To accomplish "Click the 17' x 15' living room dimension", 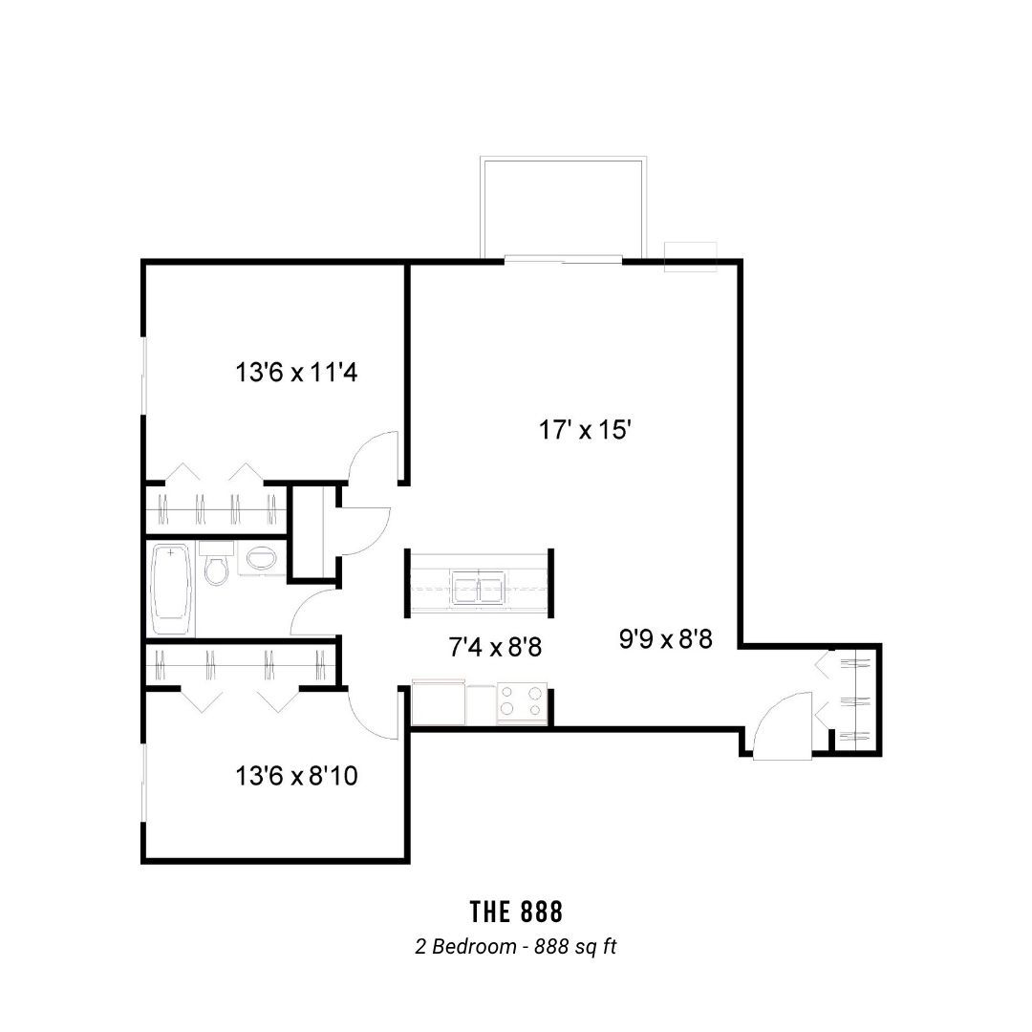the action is [x=585, y=430].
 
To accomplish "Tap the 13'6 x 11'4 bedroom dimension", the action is [x=296, y=373].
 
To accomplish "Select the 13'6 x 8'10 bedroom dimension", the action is [x=296, y=776].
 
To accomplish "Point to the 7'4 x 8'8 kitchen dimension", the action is [x=495, y=648].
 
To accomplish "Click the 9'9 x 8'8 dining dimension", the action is [x=665, y=639].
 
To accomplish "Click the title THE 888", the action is [x=517, y=913].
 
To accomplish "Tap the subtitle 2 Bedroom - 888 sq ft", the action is [x=516, y=946].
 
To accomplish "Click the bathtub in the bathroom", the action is [x=172, y=589].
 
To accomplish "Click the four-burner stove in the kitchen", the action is [x=522, y=701].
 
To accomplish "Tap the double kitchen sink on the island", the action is [x=479, y=587].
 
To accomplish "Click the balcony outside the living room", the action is [x=564, y=207].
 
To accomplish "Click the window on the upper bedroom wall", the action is [x=143, y=376].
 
